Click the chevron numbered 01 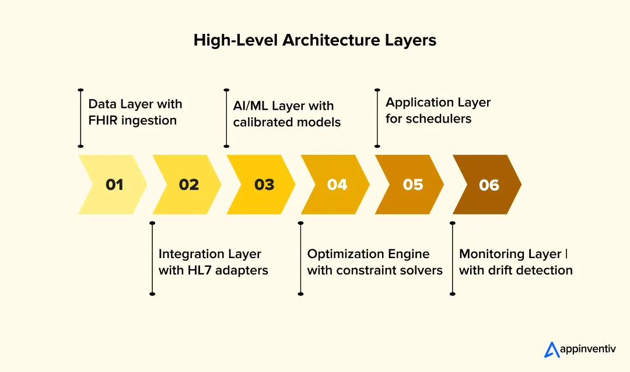pyautogui.click(x=114, y=185)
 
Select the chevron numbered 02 pyautogui.click(x=188, y=185)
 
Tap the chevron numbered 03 pyautogui.click(x=263, y=185)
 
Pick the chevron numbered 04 pyautogui.click(x=337, y=185)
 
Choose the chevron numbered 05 pyautogui.click(x=412, y=185)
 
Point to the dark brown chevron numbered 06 pyautogui.click(x=488, y=185)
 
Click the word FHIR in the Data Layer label pyautogui.click(x=104, y=120)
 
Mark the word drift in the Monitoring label pyautogui.click(x=498, y=270)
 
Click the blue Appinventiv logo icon pyautogui.click(x=552, y=349)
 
